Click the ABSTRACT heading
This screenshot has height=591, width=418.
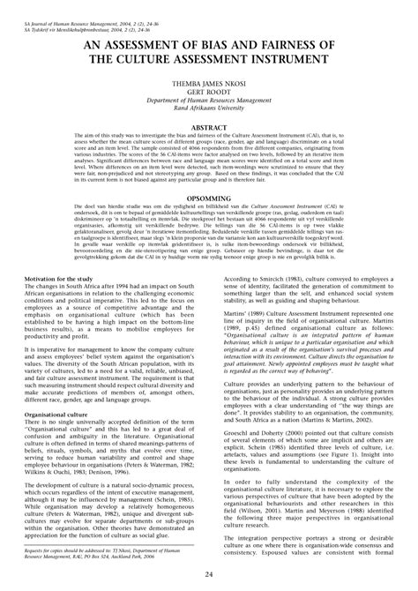(x=208, y=127)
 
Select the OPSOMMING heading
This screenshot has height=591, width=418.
(x=208, y=199)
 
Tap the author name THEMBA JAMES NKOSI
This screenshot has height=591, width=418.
(x=208, y=88)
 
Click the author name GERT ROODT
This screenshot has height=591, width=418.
(x=208, y=96)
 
